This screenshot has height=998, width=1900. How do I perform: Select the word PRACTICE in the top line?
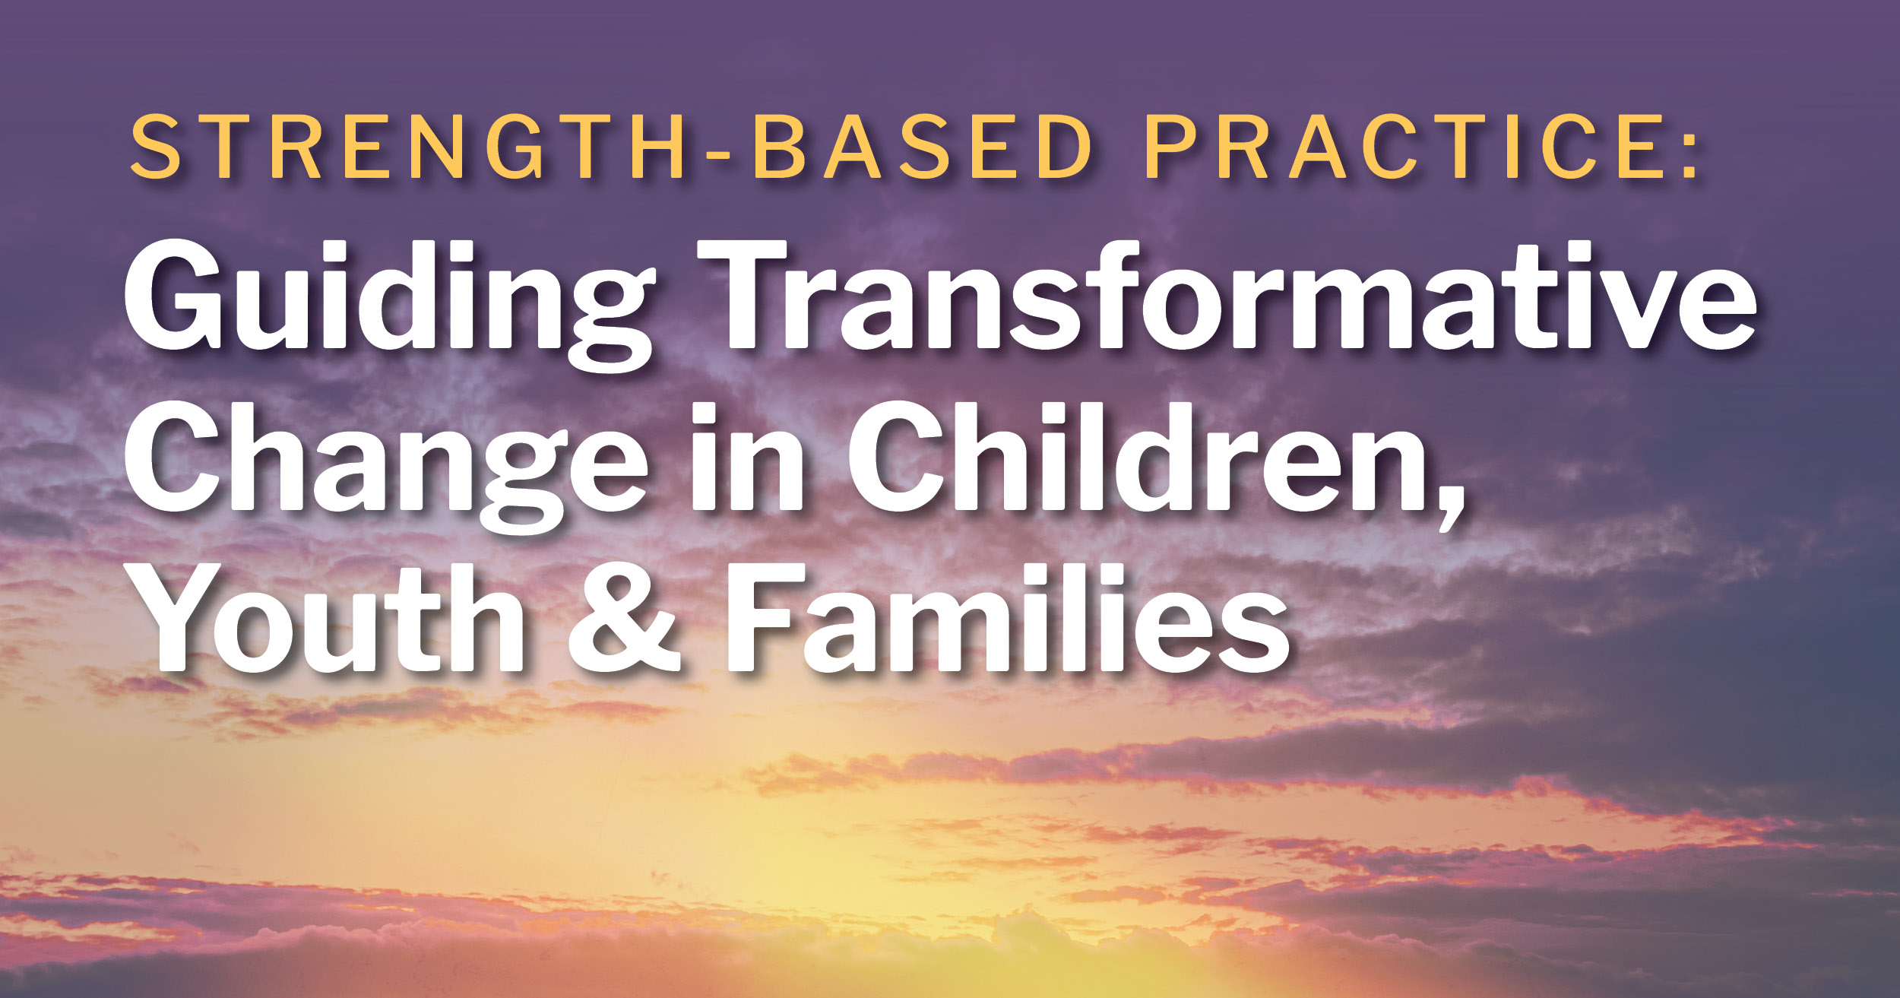[x=1403, y=148]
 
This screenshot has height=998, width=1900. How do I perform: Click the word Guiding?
[x=388, y=304]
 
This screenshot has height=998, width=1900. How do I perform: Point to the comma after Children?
[x=1448, y=505]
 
